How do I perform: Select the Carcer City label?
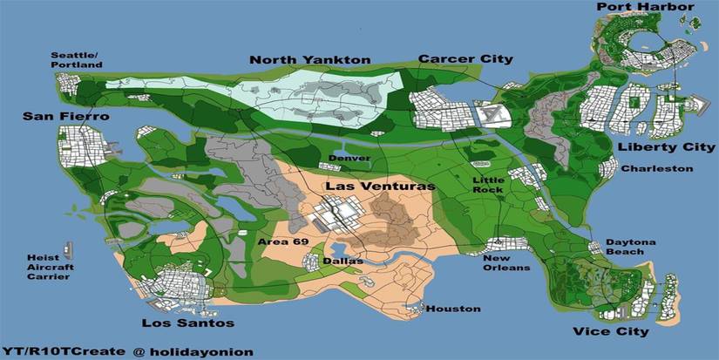pos(465,59)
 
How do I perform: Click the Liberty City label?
pos(653,147)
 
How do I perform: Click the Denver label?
pos(349,159)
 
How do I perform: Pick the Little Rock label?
pos(488,185)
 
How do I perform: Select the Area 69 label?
pos(278,240)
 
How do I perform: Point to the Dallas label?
pos(337,261)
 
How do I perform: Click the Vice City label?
pos(610,331)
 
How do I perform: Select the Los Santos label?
pos(187,323)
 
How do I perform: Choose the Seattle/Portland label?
pos(75,59)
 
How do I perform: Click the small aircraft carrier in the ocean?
pos(67,252)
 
